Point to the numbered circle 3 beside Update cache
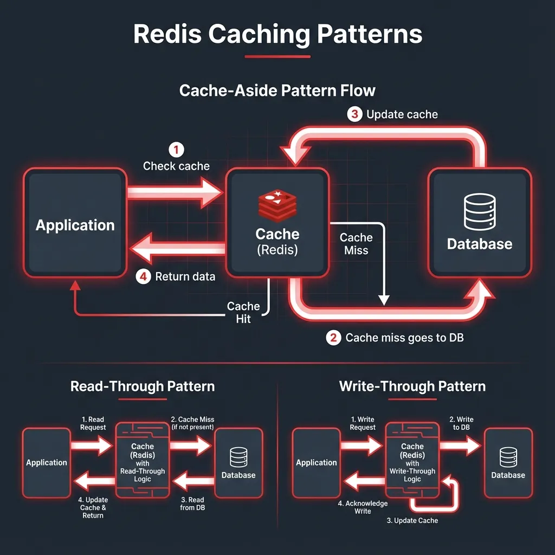(354, 114)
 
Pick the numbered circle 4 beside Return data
(143, 276)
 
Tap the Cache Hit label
(243, 313)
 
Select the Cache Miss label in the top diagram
(356, 244)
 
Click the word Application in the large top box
(75, 225)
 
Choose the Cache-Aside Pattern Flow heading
(277, 90)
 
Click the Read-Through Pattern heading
(143, 386)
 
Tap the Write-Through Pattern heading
(412, 386)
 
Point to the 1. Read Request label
(93, 423)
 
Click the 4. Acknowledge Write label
(363, 507)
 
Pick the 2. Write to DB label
(461, 423)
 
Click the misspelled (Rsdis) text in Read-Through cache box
(143, 455)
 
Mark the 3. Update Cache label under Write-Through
(412, 520)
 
